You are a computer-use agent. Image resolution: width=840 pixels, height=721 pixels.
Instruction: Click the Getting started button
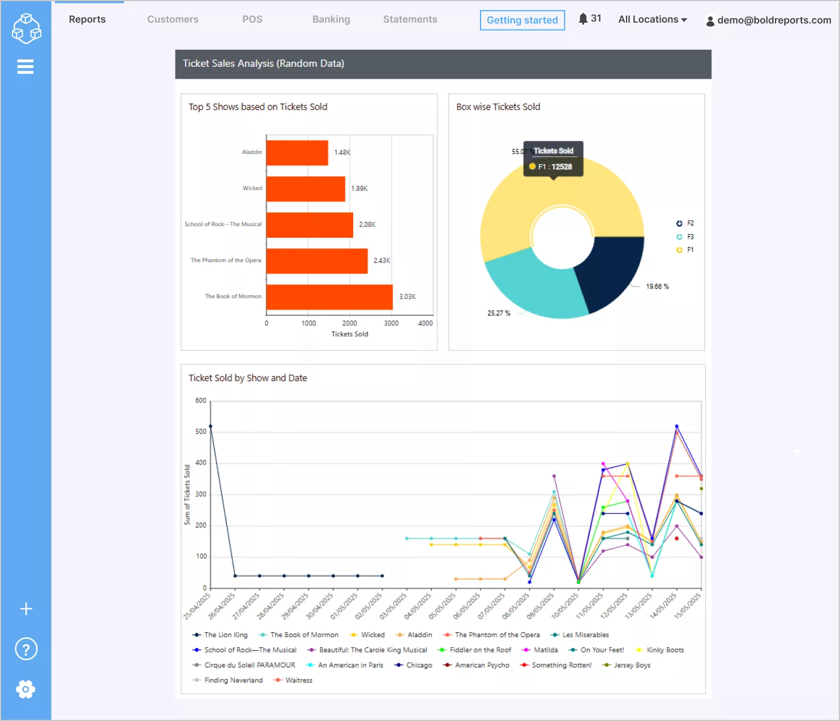click(x=522, y=20)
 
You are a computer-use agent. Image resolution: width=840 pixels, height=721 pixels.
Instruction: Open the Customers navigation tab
click(x=173, y=19)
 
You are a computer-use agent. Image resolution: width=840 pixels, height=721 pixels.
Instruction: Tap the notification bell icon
click(x=583, y=19)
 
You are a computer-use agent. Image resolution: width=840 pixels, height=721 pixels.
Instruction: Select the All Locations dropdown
click(x=652, y=19)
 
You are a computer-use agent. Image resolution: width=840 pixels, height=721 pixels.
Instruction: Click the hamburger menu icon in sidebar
click(x=25, y=67)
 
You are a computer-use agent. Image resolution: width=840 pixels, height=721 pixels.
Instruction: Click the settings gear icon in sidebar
click(x=25, y=689)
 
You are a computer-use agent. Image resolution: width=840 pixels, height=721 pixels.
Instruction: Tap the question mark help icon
click(x=26, y=649)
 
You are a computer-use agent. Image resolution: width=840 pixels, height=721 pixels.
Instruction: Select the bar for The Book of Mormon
click(x=329, y=297)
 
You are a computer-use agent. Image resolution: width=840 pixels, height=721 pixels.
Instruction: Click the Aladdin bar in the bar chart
click(x=297, y=153)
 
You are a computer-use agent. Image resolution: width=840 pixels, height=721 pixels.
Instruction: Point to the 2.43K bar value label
click(x=382, y=260)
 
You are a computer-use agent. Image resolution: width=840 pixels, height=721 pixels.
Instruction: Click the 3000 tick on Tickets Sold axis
click(x=391, y=323)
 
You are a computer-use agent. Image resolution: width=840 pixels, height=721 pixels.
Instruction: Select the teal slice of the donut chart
click(x=532, y=289)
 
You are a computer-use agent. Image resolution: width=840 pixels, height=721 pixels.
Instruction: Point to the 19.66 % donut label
click(x=657, y=286)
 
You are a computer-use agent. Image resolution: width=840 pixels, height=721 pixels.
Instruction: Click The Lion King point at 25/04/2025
click(x=211, y=426)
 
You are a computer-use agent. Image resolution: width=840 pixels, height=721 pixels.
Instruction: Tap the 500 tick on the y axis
click(x=201, y=431)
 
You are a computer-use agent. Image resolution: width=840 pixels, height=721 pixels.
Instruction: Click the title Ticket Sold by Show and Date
click(x=248, y=378)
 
